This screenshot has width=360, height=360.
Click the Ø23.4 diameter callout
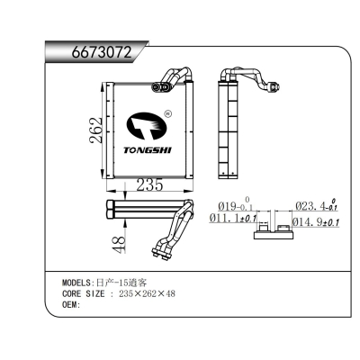(316, 206)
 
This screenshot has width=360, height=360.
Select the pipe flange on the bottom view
(169, 240)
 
